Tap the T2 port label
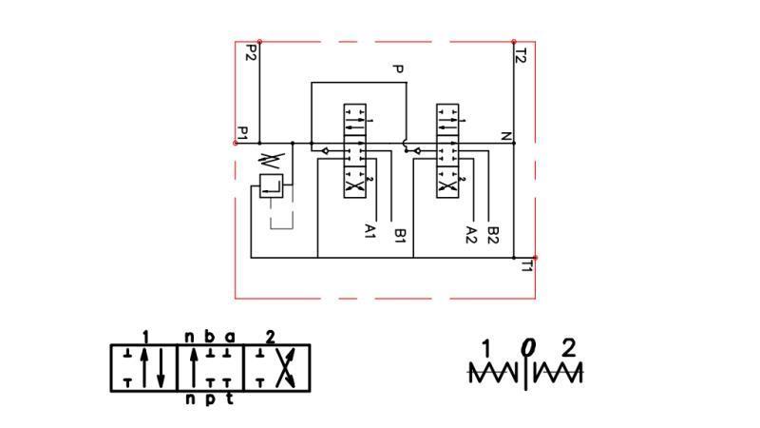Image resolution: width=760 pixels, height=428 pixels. [521, 55]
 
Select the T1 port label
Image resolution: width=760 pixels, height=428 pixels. [526, 266]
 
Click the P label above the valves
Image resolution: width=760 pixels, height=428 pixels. [399, 69]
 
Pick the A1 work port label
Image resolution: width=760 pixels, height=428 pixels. [370, 231]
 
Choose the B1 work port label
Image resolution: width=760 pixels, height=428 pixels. [401, 234]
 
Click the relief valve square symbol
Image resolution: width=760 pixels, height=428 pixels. [271, 185]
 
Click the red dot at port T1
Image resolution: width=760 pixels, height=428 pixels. [536, 258]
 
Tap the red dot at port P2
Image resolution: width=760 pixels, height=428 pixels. [259, 42]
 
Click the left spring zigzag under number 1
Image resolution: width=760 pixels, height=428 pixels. [495, 373]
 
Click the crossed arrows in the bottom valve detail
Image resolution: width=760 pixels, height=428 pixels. [281, 367]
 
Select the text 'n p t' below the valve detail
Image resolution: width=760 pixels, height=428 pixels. [208, 399]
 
